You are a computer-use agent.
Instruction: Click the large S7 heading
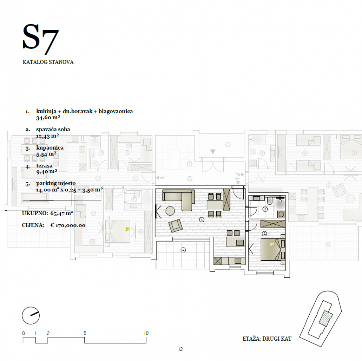coord(40,39)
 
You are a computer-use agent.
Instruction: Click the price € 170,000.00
coord(68,225)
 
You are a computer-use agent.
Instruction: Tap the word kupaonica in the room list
coord(50,148)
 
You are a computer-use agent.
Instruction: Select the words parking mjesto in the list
coord(56,184)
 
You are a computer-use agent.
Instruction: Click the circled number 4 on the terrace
coord(183,250)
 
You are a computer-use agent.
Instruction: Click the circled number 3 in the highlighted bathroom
coord(265,209)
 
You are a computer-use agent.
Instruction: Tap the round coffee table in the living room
coord(170,211)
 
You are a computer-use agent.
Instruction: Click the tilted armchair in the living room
coord(175,225)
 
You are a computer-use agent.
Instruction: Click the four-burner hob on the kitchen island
coord(240,242)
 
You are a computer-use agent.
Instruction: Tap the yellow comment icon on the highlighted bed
coord(272,245)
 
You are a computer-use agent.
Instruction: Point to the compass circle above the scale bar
coord(31,315)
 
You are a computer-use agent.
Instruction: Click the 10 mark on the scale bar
coord(146,333)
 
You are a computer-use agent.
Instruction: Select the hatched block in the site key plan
coord(326,318)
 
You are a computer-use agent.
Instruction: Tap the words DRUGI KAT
coord(277,339)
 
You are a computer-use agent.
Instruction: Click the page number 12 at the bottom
coord(181,349)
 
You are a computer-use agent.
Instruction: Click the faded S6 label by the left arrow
coord(162,178)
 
